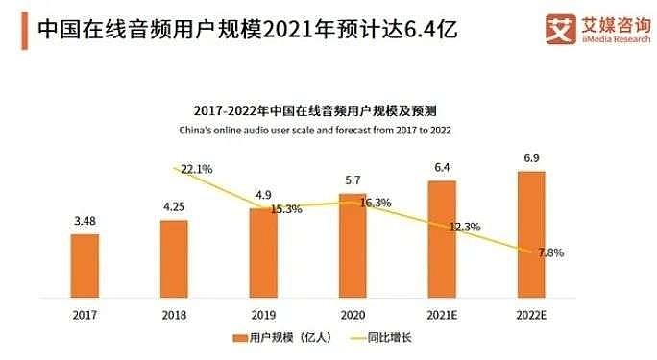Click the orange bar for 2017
pyautogui.click(x=85, y=266)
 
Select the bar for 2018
pyautogui.click(x=174, y=258)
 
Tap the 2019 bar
pyautogui.click(x=263, y=252)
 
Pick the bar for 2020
pyautogui.click(x=353, y=246)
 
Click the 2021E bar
pyautogui.click(x=442, y=239)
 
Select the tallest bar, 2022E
pyautogui.click(x=531, y=234)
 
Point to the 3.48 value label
pyautogui.click(x=85, y=221)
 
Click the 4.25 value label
pyautogui.click(x=174, y=206)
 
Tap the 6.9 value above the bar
pyautogui.click(x=531, y=157)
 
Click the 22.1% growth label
pyautogui.click(x=197, y=169)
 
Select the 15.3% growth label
pyautogui.click(x=286, y=209)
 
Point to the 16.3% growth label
pyautogui.click(x=376, y=203)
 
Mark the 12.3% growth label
pyautogui.click(x=465, y=227)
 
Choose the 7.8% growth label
pyautogui.click(x=551, y=252)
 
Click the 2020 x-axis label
pyautogui.click(x=353, y=315)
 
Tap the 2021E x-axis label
pyautogui.click(x=442, y=315)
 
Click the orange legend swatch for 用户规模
pyautogui.click(x=240, y=338)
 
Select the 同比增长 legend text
pyautogui.click(x=390, y=337)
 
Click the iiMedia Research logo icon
pyautogui.click(x=561, y=29)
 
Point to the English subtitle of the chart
pyautogui.click(x=315, y=131)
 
